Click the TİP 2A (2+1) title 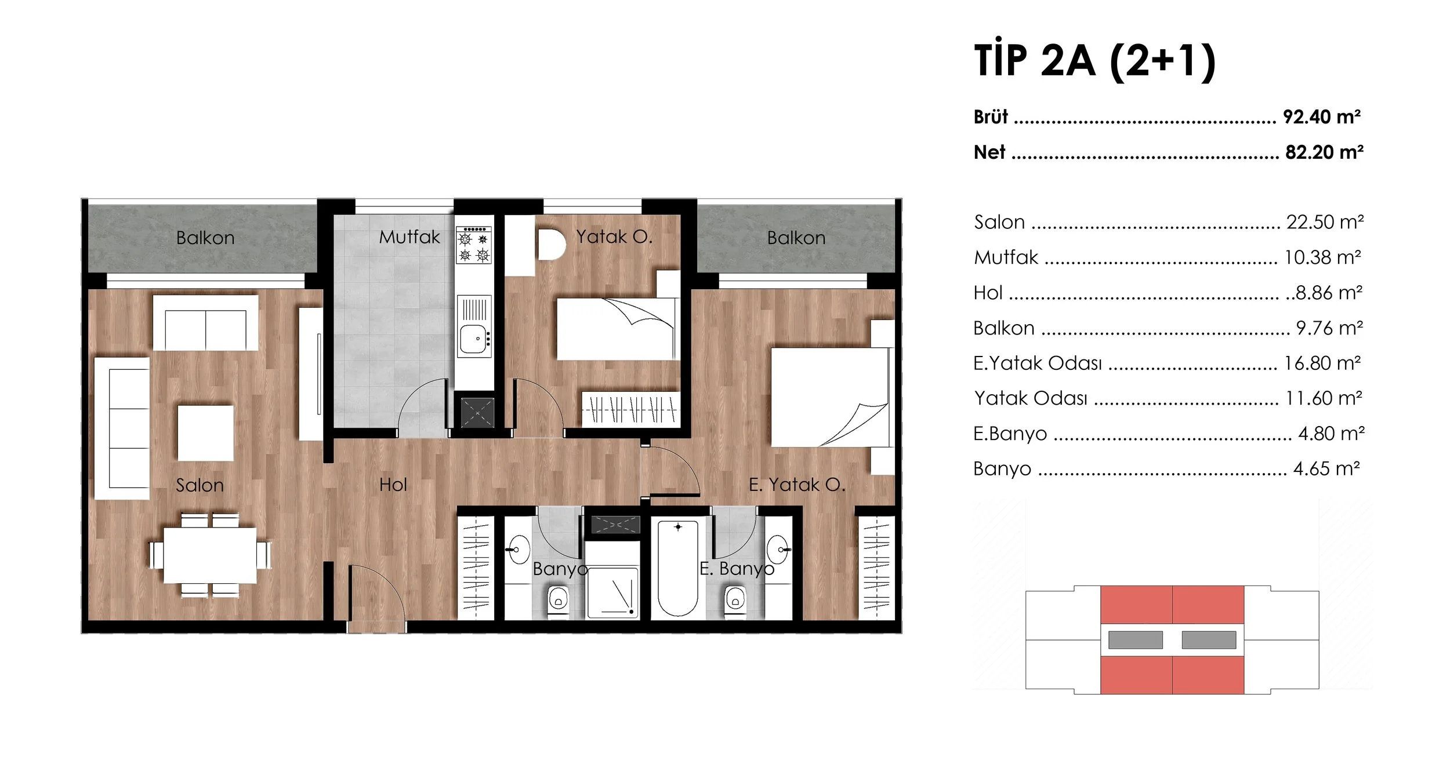pyautogui.click(x=1094, y=60)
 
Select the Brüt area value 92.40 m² pyautogui.click(x=1321, y=117)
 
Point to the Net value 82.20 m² pyautogui.click(x=1324, y=152)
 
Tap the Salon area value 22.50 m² pyautogui.click(x=1324, y=222)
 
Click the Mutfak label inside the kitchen pyautogui.click(x=409, y=237)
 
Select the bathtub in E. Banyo pyautogui.click(x=677, y=569)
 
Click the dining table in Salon pyautogui.click(x=210, y=555)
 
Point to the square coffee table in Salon pyautogui.click(x=205, y=432)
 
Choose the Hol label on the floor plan pyautogui.click(x=393, y=485)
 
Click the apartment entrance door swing pyautogui.click(x=377, y=597)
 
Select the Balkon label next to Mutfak pyautogui.click(x=205, y=238)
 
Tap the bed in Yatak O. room pyautogui.click(x=617, y=329)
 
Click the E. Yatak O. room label pyautogui.click(x=796, y=485)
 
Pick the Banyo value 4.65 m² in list pyautogui.click(x=1326, y=468)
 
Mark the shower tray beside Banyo pyautogui.click(x=612, y=592)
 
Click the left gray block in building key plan pyautogui.click(x=1135, y=640)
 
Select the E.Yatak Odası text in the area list pyautogui.click(x=1037, y=363)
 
